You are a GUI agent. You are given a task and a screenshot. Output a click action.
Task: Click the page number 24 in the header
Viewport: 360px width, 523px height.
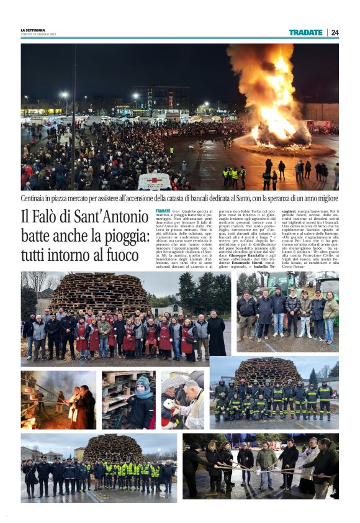point(335,32)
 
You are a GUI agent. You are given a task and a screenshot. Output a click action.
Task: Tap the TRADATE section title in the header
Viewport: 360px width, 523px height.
point(305,32)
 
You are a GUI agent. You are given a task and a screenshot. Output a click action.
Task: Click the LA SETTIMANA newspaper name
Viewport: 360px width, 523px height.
point(32,30)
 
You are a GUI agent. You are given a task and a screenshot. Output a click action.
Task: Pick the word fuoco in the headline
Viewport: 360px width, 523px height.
point(117,255)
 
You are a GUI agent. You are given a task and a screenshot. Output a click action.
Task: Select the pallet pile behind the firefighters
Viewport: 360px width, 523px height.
point(267,371)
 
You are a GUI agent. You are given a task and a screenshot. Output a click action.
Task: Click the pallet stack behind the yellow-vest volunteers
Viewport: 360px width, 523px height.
point(112,448)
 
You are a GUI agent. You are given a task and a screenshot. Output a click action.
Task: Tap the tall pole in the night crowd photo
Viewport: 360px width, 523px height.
point(73,118)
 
